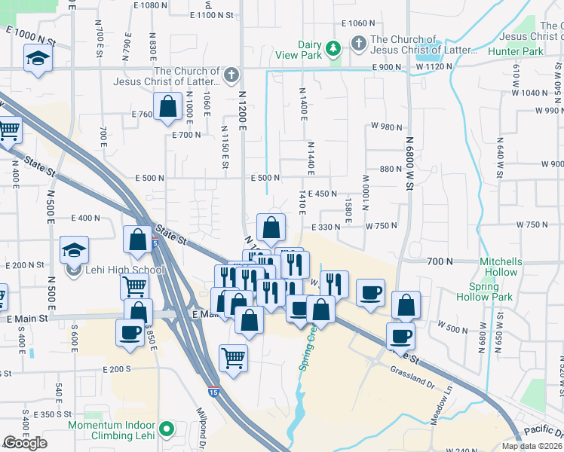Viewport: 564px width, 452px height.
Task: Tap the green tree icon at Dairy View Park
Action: pyautogui.click(x=333, y=50)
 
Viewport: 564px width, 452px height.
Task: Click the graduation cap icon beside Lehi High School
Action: pyautogui.click(x=75, y=249)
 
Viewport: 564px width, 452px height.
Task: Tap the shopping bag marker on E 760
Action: pyautogui.click(x=167, y=107)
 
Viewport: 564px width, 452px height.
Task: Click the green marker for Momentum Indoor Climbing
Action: pyautogui.click(x=169, y=432)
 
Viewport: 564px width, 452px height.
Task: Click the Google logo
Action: pyautogui.click(x=25, y=443)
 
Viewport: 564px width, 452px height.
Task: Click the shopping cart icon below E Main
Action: pyautogui.click(x=233, y=358)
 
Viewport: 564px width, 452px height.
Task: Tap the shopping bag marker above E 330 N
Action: pyautogui.click(x=271, y=227)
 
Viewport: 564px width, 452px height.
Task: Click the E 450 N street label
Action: pyautogui.click(x=322, y=194)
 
